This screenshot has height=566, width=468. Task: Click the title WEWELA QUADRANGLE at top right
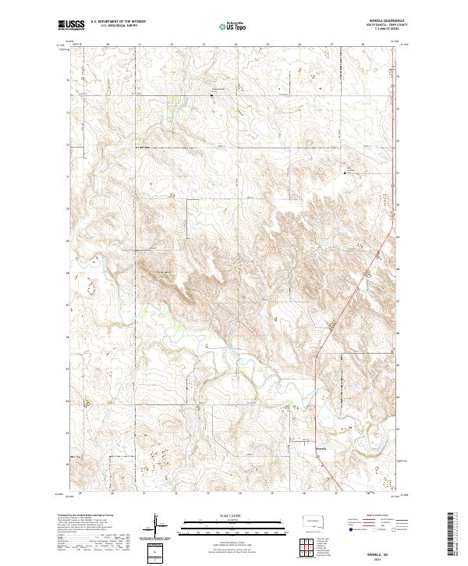382,22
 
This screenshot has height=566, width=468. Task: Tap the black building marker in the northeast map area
347,171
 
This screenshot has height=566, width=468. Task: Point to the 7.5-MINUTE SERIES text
382,30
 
